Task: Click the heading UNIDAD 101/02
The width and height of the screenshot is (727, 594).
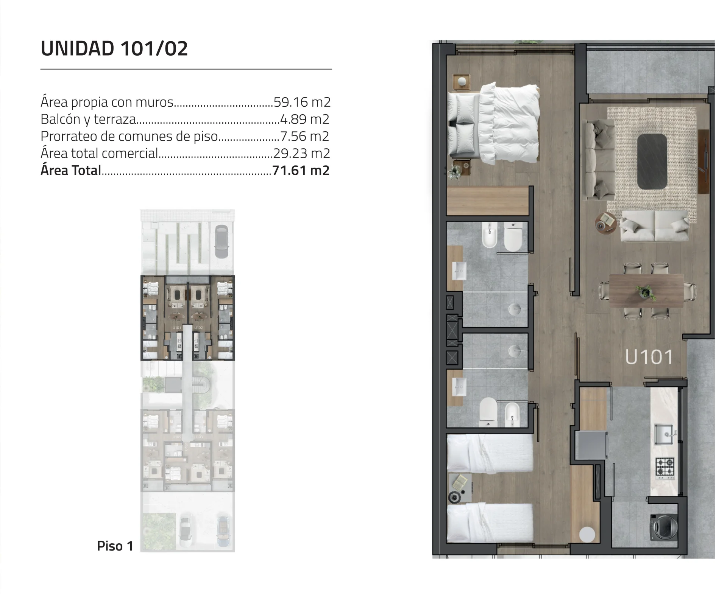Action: point(114,48)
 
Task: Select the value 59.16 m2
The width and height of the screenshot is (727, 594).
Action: point(302,102)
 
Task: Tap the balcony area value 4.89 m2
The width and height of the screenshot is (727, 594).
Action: point(304,119)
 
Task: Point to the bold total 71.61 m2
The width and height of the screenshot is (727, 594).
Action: point(301,170)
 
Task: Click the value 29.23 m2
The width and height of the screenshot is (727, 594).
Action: point(301,153)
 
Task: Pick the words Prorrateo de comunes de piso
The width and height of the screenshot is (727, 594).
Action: point(129,136)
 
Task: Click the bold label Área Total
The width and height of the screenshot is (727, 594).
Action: point(71,170)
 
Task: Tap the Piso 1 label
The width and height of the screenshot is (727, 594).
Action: point(115,546)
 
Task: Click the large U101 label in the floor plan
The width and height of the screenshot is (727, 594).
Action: point(649,357)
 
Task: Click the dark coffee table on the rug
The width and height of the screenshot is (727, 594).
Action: point(652,161)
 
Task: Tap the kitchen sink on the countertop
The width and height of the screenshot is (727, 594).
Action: point(665,434)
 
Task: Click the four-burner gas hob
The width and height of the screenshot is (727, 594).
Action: point(665,467)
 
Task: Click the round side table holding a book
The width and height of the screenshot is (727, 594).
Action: point(606,224)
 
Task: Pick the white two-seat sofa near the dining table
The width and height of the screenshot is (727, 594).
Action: point(655,226)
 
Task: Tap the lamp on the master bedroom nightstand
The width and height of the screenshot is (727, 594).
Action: point(462,81)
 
